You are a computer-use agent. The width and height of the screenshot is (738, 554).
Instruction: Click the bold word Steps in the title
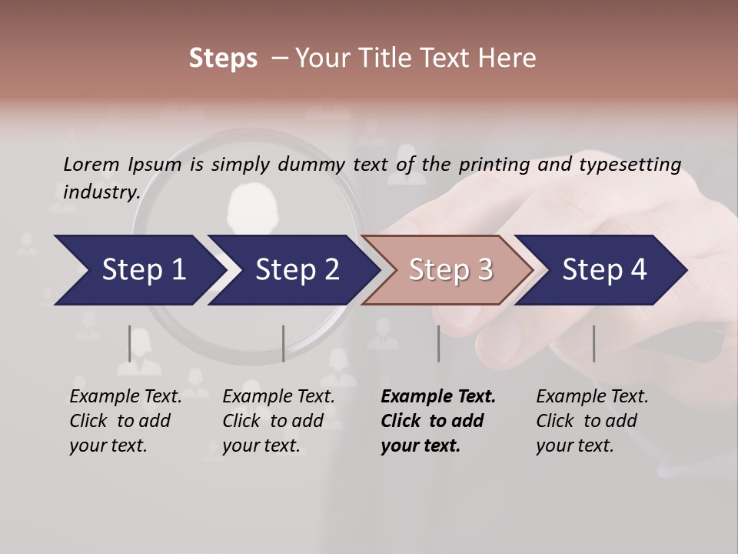tap(223, 58)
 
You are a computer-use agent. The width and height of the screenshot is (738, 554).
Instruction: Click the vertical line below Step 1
tap(130, 343)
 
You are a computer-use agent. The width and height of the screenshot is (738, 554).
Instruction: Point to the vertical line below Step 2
tap(284, 343)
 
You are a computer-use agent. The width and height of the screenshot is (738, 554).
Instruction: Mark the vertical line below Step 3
tap(439, 343)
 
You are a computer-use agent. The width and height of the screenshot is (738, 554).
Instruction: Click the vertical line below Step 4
tap(593, 343)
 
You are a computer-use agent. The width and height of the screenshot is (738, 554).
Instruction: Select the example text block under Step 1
tap(125, 421)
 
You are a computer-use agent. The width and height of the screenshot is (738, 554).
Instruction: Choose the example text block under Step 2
tap(278, 421)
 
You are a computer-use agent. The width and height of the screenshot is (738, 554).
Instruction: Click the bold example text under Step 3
tap(437, 421)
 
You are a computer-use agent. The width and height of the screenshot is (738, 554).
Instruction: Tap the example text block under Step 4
tap(592, 421)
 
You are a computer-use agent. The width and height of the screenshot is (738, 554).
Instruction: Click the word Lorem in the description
tap(91, 164)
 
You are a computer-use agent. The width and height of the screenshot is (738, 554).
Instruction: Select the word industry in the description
tap(101, 192)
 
